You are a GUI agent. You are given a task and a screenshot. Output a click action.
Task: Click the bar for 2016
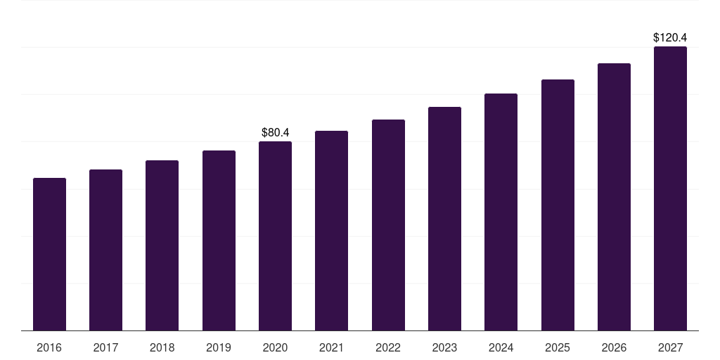(x=49, y=254)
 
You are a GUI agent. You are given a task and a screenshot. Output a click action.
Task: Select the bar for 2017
(x=105, y=250)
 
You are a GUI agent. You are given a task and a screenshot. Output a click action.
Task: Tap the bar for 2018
(x=162, y=245)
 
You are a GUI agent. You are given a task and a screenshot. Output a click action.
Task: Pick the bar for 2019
(x=219, y=240)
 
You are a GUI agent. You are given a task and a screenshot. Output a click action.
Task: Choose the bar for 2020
(x=275, y=236)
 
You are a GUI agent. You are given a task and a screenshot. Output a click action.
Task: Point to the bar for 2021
(x=331, y=231)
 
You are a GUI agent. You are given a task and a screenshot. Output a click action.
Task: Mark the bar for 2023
(x=444, y=219)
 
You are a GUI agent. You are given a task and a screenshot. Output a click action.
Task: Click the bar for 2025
(x=558, y=205)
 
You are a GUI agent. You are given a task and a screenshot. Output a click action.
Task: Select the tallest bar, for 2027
(x=670, y=188)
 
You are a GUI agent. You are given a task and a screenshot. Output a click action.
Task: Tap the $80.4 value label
(x=275, y=132)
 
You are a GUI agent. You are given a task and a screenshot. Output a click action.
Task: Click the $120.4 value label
(x=670, y=37)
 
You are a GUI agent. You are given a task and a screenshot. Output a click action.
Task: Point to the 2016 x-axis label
(x=49, y=347)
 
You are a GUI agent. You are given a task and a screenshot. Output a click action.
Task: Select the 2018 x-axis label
(x=162, y=347)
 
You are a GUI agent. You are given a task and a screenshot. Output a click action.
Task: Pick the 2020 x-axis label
(x=275, y=347)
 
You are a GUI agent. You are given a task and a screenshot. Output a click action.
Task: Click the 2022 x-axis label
(x=388, y=347)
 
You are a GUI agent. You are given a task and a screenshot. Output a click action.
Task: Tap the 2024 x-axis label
(x=501, y=347)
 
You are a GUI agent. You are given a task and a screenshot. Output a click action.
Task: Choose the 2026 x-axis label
(x=614, y=347)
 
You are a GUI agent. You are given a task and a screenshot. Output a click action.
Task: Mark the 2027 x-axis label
(x=670, y=347)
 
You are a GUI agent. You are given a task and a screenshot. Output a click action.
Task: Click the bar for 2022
(x=388, y=225)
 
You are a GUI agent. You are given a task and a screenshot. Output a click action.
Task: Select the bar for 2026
(x=614, y=197)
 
